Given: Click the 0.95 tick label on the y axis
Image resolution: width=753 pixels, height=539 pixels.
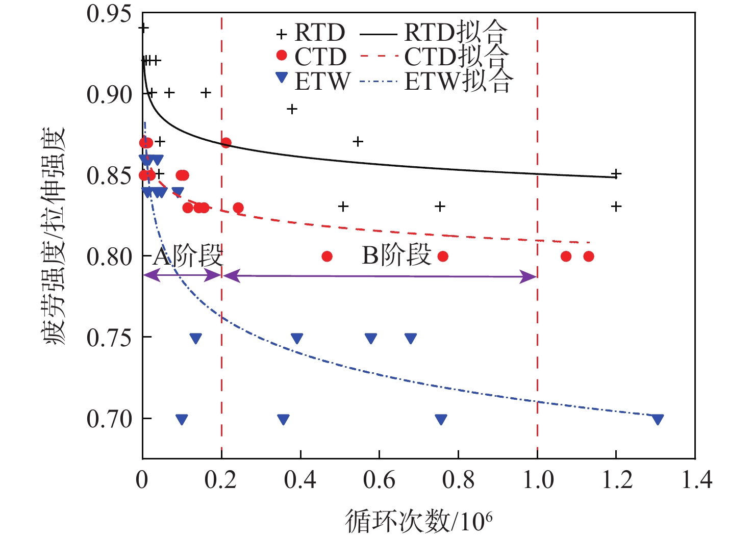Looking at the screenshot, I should coord(109,14).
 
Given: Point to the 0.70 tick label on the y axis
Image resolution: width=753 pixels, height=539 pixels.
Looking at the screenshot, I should coord(109,419).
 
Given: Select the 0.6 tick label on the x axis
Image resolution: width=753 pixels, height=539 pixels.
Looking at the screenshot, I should coord(379,480).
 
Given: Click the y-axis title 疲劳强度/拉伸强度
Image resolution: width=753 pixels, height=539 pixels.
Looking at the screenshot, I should coord(55,236).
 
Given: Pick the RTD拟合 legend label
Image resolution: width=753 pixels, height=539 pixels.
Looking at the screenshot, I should coord(456,32).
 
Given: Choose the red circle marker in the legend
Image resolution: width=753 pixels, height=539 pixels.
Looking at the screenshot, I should coord(281,55).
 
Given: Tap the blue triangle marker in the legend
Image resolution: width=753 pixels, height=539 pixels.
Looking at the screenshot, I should coord(282,78).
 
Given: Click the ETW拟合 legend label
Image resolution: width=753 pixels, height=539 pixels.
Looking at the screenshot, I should coord(458,81).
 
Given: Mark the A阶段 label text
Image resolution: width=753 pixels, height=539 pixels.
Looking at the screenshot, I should coord(188,255).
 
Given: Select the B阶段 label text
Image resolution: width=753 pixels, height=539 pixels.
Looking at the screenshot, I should coord(396,255).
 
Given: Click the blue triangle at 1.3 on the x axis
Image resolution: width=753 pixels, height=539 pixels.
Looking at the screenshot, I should coord(658,420).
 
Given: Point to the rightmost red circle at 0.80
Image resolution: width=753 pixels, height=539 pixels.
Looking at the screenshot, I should coord(589,256).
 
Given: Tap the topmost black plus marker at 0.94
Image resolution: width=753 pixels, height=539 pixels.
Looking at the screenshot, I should coord(143,28).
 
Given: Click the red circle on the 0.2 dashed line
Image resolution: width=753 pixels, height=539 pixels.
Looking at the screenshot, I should coord(226,143).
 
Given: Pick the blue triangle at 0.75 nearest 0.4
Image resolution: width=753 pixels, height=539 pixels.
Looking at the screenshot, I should coord(297,338).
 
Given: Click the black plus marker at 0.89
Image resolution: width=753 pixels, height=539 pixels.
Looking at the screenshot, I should coord(292,109).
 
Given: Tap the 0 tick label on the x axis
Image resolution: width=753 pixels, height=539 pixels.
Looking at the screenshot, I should coord(142,480).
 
